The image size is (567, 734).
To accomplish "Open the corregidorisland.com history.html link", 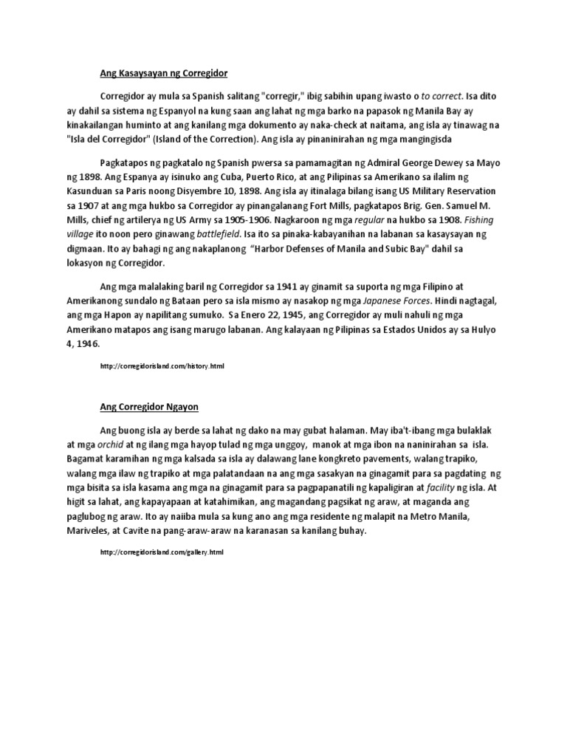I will [161, 366].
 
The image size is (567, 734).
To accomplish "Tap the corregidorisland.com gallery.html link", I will [161, 552].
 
